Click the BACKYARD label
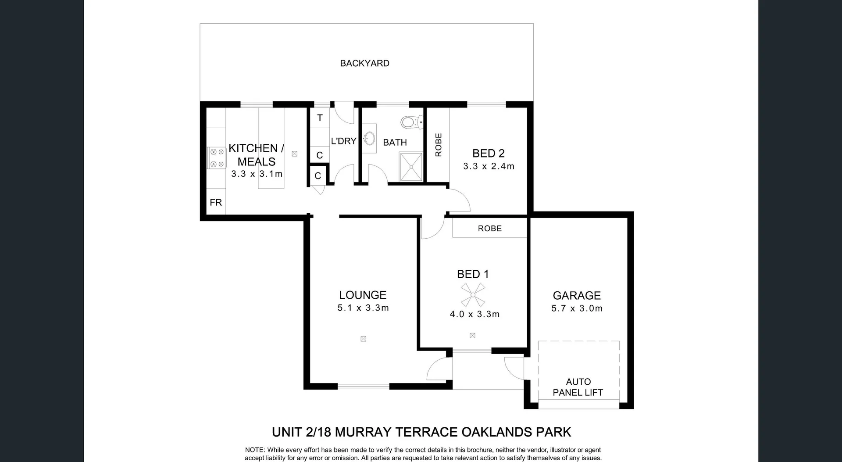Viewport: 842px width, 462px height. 364,63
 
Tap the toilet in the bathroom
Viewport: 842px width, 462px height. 412,122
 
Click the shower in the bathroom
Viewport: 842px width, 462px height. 411,167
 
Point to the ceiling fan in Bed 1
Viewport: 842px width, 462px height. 473,295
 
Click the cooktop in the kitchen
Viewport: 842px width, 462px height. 217,158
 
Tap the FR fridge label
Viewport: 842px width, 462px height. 216,202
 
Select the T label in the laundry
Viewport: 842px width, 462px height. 320,118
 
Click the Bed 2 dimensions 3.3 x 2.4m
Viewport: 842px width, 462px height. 489,166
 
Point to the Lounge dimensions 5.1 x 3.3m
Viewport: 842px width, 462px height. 363,308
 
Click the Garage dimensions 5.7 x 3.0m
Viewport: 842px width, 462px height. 577,308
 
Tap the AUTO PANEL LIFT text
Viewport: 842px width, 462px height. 578,387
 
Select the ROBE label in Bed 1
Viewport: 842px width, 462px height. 490,229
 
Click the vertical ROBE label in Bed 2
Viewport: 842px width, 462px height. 439,145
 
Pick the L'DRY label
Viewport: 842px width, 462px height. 343,141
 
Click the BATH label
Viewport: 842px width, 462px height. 395,142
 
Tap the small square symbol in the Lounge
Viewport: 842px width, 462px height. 363,339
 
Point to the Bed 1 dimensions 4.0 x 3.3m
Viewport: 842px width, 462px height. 475,314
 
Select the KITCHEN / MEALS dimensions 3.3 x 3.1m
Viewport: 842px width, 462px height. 257,174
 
